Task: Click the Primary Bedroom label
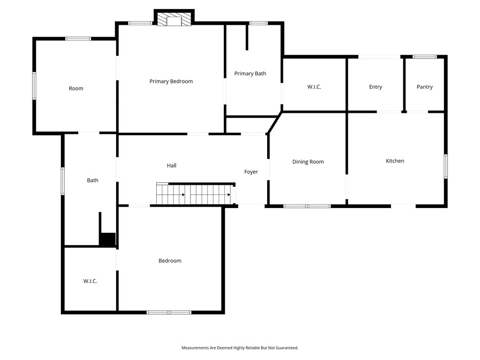coord(171,81)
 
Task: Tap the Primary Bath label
coord(250,73)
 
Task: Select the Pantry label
coord(425,87)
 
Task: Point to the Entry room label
coord(375,87)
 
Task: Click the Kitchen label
coord(395,161)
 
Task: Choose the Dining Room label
coord(308,161)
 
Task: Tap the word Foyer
coord(251,172)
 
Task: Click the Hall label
coord(171,166)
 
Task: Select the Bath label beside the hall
coord(92,180)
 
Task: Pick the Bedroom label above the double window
coord(170,261)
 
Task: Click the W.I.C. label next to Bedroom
coord(90,281)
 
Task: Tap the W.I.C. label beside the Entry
coord(314,87)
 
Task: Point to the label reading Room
coord(76,89)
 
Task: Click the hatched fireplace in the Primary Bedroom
coord(174,19)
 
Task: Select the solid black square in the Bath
coord(108,240)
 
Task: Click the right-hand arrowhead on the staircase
coord(229,195)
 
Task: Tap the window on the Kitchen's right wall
coord(446,166)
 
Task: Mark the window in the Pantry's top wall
coord(425,57)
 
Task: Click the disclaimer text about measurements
coord(240,348)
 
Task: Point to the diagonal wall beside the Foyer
coord(274,123)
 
